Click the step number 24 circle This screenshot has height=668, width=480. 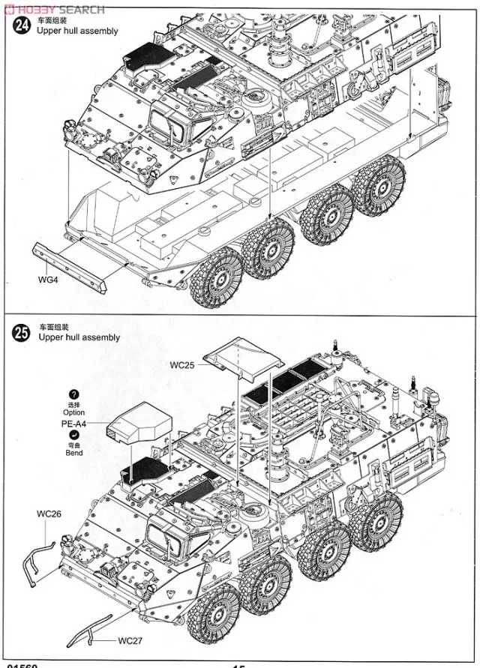pyautogui.click(x=23, y=25)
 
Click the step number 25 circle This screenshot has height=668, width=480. pyautogui.click(x=23, y=332)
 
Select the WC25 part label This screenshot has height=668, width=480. pyautogui.click(x=181, y=365)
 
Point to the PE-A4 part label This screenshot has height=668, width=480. pyautogui.click(x=73, y=424)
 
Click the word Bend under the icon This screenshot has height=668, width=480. pyautogui.click(x=73, y=453)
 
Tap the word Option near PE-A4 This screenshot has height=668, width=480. pyautogui.click(x=73, y=412)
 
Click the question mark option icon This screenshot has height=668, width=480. pyautogui.click(x=73, y=394)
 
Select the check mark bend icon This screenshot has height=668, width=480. pyautogui.click(x=73, y=435)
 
